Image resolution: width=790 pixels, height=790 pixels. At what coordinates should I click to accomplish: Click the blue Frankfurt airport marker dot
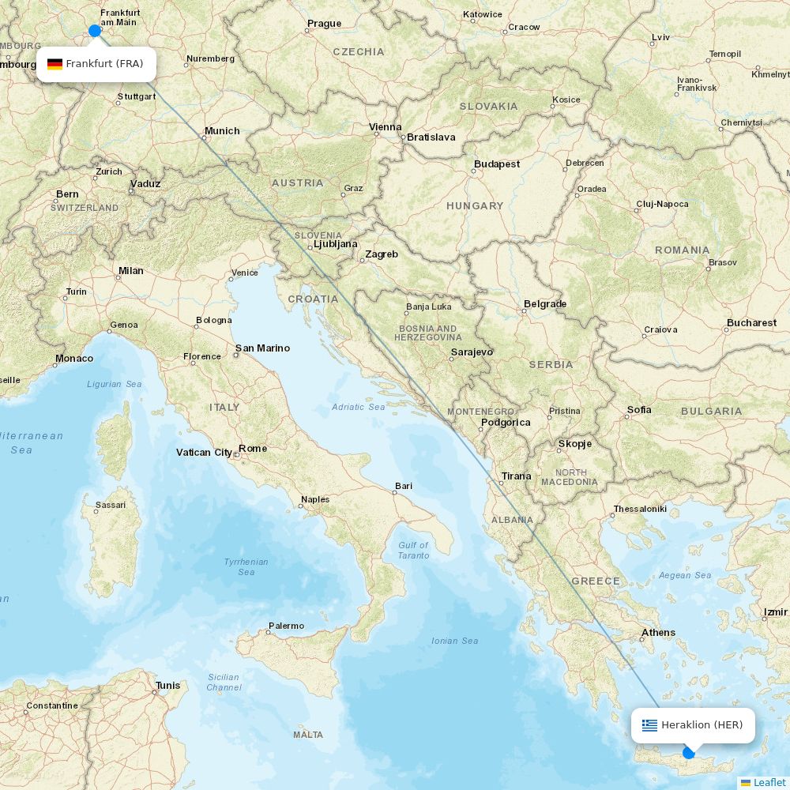click(x=95, y=31)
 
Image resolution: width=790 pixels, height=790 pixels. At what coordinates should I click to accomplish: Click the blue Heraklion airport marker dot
click(x=689, y=753)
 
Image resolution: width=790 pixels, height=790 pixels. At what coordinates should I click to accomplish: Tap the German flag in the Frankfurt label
click(x=55, y=64)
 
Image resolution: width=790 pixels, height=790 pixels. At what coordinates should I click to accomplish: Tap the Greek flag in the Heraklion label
click(x=649, y=725)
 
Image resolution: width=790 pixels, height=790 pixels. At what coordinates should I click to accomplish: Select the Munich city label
click(x=221, y=131)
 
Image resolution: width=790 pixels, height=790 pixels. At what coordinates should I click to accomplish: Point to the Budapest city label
click(x=497, y=164)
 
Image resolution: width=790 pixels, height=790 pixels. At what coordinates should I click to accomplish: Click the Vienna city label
click(x=385, y=127)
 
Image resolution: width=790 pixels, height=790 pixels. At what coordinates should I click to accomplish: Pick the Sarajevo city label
click(x=472, y=352)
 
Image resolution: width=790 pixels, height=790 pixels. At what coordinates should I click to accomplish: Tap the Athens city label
click(x=658, y=632)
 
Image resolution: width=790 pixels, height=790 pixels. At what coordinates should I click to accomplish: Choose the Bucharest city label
click(x=751, y=322)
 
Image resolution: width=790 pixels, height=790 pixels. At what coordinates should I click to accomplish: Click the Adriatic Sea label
click(x=359, y=407)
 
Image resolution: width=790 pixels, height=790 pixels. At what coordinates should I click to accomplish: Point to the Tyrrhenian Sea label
click(x=246, y=566)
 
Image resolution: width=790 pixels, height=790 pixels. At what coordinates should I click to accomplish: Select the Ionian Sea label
click(x=455, y=641)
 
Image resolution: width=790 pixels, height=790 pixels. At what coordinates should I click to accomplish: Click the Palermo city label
click(x=286, y=626)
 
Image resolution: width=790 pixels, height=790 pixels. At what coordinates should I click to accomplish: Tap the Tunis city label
click(x=167, y=685)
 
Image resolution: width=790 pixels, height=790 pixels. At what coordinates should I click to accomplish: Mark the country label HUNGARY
click(x=475, y=205)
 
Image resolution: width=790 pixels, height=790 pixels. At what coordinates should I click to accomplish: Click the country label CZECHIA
click(x=359, y=52)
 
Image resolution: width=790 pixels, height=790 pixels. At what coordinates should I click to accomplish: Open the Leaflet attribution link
click(x=769, y=782)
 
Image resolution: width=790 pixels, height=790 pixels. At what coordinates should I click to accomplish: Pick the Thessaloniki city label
click(x=640, y=509)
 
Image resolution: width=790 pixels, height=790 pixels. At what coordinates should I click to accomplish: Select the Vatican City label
click(x=204, y=453)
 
